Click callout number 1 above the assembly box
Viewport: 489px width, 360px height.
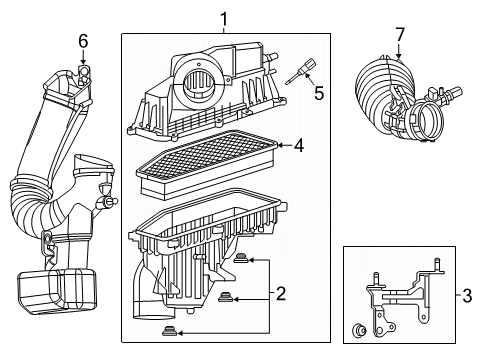click(x=224, y=18)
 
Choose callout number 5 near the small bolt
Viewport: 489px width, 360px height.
click(x=319, y=93)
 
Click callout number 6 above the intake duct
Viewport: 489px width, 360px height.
click(x=83, y=39)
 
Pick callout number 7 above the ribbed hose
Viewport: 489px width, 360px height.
click(x=399, y=35)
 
